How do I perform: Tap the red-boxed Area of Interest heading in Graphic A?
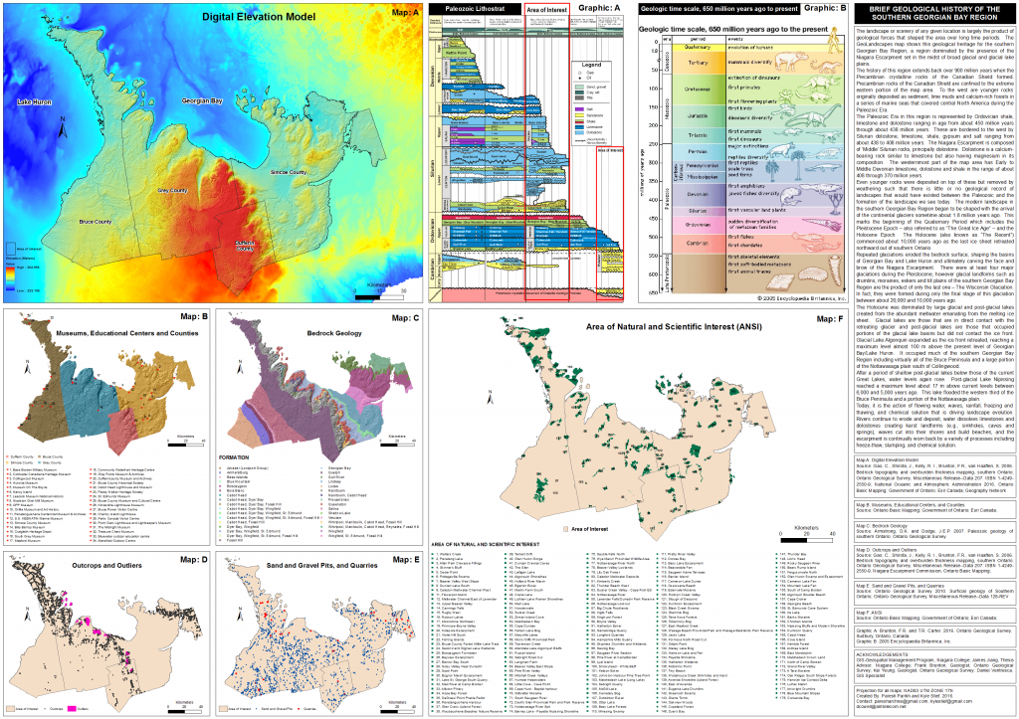(x=545, y=10)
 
